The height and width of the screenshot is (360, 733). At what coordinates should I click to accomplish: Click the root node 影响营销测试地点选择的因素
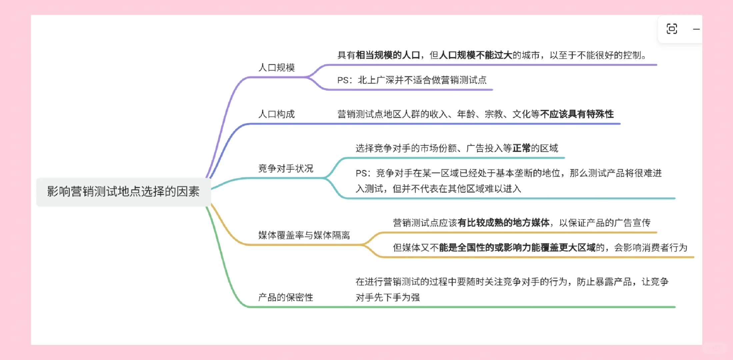pos(123,192)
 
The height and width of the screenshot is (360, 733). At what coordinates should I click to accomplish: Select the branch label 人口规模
pos(276,68)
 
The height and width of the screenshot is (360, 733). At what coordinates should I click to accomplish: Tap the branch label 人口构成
pos(276,114)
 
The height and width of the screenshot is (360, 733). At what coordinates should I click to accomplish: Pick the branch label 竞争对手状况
pos(286,169)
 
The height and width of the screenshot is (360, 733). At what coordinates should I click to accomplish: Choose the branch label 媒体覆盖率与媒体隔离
pos(304,235)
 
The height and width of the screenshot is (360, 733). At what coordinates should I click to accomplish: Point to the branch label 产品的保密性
pos(286,297)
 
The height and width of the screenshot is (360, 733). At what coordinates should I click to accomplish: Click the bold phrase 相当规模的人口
pos(388,55)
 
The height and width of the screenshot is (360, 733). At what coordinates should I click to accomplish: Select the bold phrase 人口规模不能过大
pos(475,55)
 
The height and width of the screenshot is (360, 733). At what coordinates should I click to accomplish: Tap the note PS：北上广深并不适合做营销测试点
pos(412,80)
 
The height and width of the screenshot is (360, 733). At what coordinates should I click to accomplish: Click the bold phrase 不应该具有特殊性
pos(577,114)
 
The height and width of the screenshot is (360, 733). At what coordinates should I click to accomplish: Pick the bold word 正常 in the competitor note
pos(521,148)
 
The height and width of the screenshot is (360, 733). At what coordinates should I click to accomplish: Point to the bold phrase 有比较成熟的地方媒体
pos(503,223)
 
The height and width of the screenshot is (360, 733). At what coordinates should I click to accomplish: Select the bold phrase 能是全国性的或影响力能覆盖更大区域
pos(517,248)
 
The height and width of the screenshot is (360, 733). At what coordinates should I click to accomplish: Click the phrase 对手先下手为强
pos(388,297)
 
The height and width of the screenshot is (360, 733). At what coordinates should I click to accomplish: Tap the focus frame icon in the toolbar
pos(672,29)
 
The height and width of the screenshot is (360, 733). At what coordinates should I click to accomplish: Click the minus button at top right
pos(696,29)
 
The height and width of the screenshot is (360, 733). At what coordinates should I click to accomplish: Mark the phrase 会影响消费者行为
pos(651,248)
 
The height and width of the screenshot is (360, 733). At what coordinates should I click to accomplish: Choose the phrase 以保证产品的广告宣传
pos(605,223)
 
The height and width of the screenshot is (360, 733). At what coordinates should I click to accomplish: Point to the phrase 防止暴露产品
pos(604,282)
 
